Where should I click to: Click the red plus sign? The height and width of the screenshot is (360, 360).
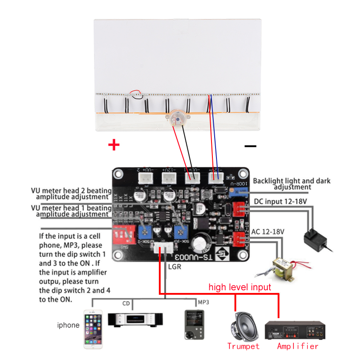tap(114, 145)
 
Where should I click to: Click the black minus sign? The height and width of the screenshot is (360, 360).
tap(250, 146)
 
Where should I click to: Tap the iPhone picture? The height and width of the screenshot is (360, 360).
tap(94, 328)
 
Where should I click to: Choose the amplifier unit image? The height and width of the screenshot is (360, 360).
tap(294, 330)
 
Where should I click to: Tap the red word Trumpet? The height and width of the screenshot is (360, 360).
tap(243, 346)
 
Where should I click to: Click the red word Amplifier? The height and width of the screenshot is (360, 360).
tap(297, 346)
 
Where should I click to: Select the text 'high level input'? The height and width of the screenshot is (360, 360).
tap(239, 287)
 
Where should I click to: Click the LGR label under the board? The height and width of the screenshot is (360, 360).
tap(175, 266)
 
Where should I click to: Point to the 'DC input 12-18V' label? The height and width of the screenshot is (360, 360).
tap(280, 201)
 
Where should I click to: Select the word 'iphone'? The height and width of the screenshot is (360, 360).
tap(68, 325)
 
